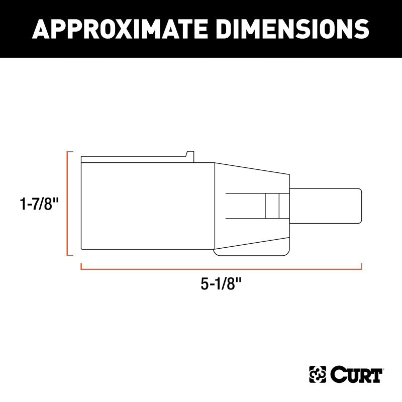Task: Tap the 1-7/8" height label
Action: coord(39,204)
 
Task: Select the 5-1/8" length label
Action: coord(221,284)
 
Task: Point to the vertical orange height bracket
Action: coord(68,203)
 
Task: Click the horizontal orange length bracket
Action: coord(221,269)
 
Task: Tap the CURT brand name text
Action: coord(357,375)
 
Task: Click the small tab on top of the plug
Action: coord(190,154)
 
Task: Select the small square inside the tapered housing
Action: coord(272,206)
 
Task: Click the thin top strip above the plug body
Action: coord(136,159)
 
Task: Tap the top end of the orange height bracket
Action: coord(70,151)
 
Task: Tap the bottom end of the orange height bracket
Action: coord(70,255)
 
